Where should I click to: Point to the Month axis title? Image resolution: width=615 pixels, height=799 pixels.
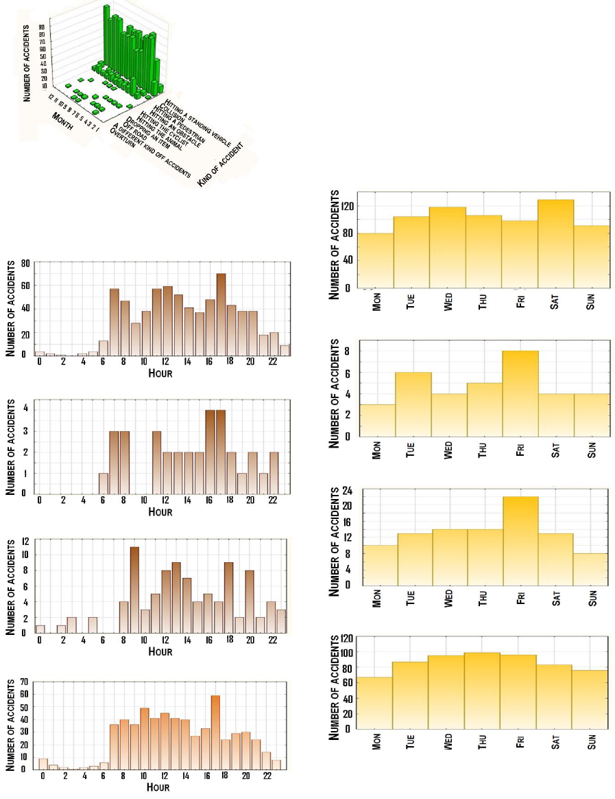[66, 126]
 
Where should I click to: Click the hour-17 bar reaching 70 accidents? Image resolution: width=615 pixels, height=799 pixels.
[221, 314]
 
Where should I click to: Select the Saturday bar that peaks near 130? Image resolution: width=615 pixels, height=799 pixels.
[556, 244]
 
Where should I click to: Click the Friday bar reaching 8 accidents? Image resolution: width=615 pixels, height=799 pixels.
[520, 393]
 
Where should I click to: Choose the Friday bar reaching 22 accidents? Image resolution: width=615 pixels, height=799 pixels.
[520, 540]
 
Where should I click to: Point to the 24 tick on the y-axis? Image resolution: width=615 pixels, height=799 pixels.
[347, 491]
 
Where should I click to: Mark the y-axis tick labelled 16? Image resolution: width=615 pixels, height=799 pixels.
[347, 521]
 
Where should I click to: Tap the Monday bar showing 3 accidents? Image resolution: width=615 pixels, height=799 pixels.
[377, 420]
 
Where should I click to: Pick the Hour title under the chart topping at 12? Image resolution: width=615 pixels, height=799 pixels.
[160, 651]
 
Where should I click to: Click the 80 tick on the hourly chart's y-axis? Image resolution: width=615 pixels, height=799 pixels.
[25, 262]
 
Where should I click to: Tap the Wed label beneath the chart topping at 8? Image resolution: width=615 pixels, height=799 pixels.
[448, 450]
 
